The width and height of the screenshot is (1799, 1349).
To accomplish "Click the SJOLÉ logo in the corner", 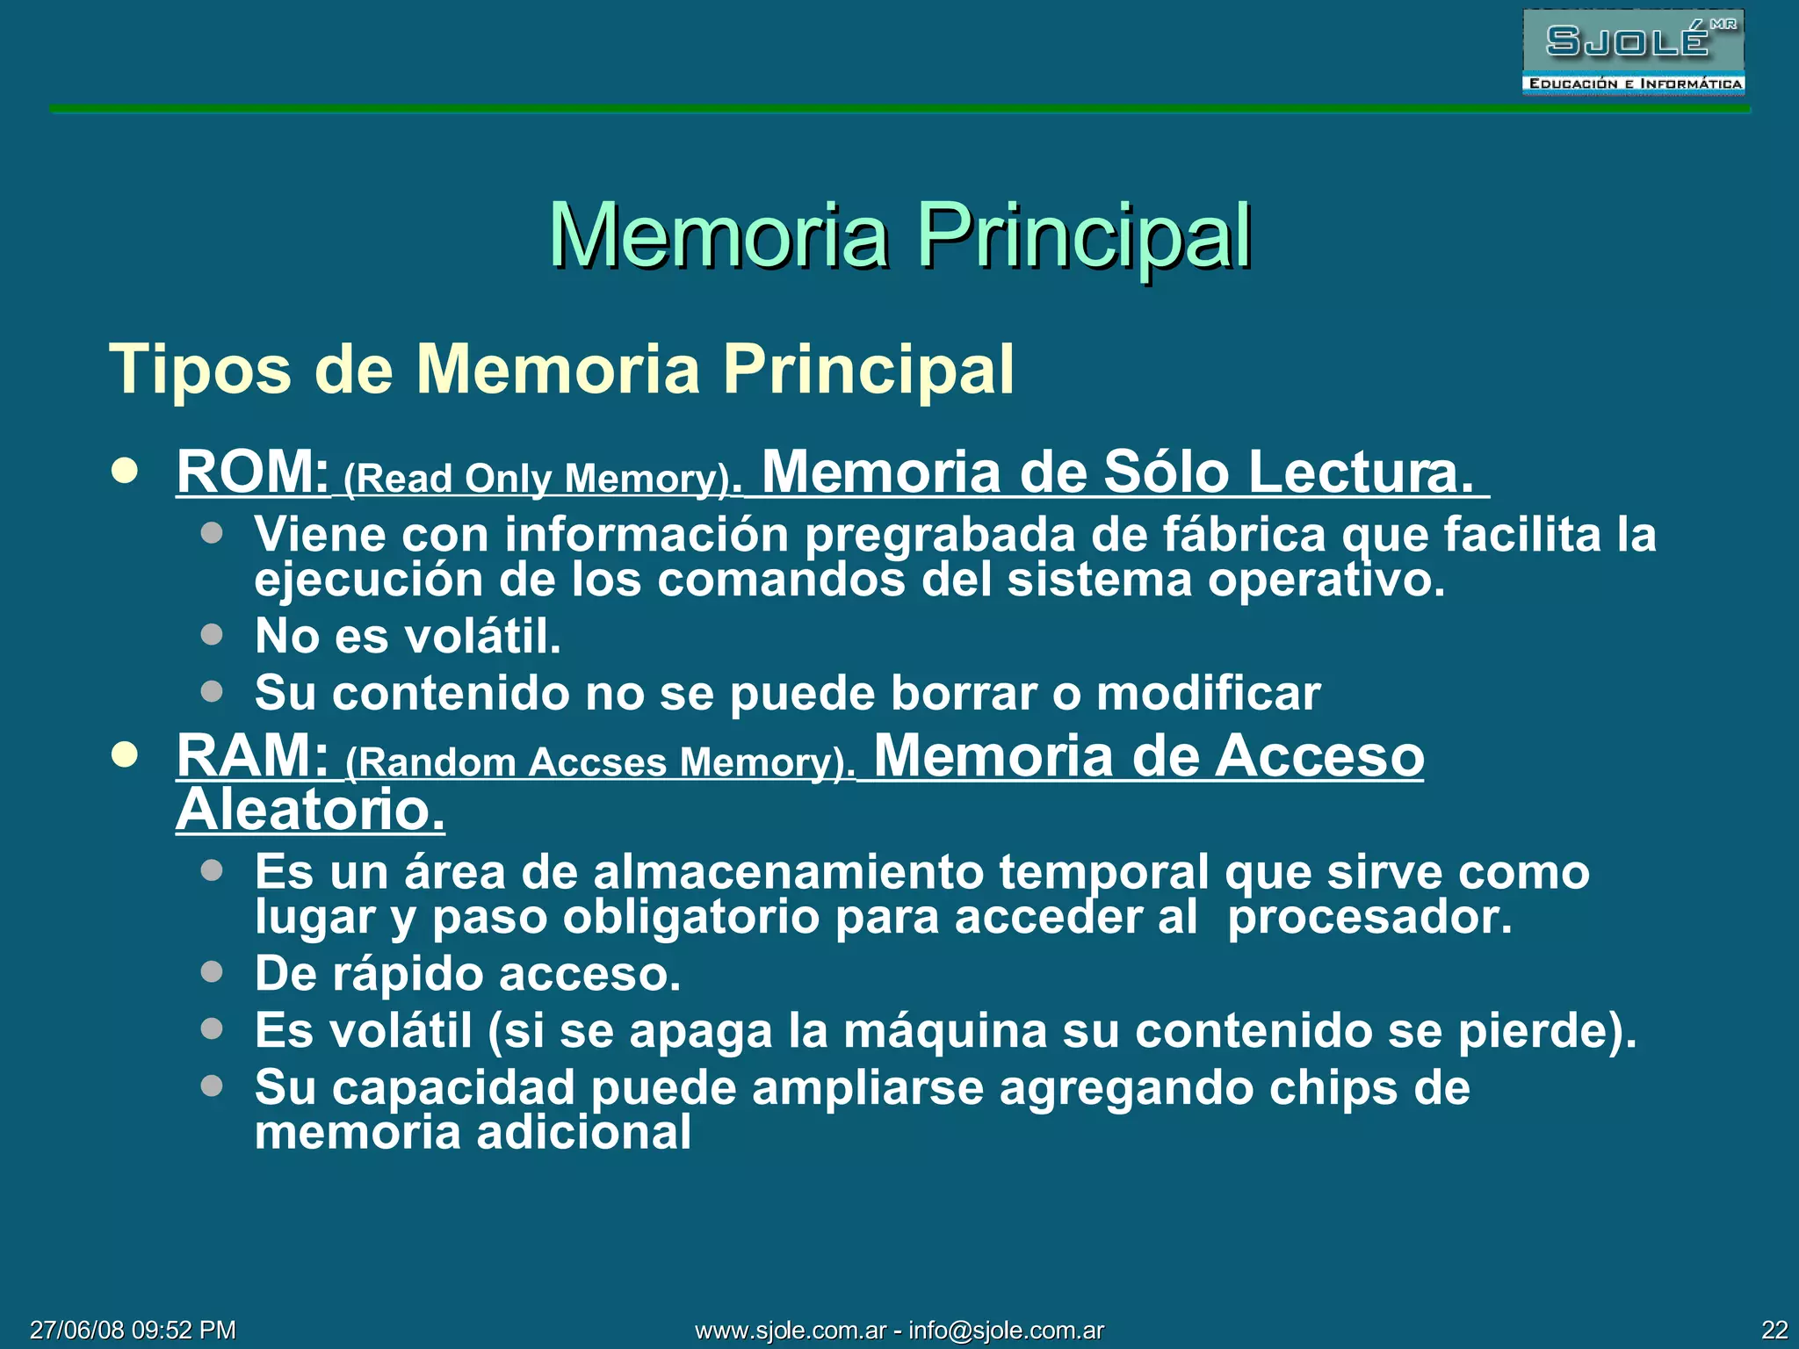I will [1633, 51].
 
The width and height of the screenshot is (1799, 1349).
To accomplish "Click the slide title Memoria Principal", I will [899, 235].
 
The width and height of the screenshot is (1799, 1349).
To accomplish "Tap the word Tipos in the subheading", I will [199, 370].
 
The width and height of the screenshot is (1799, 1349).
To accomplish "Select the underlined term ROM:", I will [252, 473].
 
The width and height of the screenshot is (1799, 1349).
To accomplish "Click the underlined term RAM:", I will [252, 756].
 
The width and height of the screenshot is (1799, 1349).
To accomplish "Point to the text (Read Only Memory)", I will [542, 479].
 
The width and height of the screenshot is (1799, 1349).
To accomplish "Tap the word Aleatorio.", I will [310, 810].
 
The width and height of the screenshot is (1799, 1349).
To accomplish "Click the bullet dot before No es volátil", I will [212, 634].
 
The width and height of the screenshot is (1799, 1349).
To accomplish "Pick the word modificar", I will [1208, 693].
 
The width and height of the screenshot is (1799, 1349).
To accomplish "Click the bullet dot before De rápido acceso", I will [212, 971].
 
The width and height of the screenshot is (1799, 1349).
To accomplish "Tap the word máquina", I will [945, 1031].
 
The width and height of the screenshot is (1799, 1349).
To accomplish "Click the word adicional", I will [583, 1133].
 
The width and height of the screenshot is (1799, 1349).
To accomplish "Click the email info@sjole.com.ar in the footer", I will [1006, 1331].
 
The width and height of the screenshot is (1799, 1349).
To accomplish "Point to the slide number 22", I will [1774, 1331].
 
